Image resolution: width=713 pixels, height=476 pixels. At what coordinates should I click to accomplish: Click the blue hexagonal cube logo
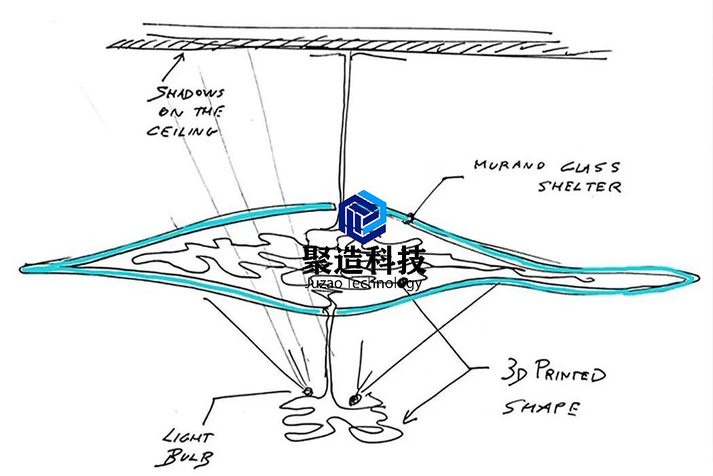362,216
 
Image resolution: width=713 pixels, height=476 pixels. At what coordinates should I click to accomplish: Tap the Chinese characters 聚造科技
363,260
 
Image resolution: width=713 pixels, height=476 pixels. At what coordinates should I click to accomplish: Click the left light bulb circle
308,391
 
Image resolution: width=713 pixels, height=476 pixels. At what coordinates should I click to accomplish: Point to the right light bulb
354,400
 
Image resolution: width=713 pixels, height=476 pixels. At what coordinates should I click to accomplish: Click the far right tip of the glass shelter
696,277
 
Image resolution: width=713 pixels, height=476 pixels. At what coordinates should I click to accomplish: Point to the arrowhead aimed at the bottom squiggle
409,415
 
